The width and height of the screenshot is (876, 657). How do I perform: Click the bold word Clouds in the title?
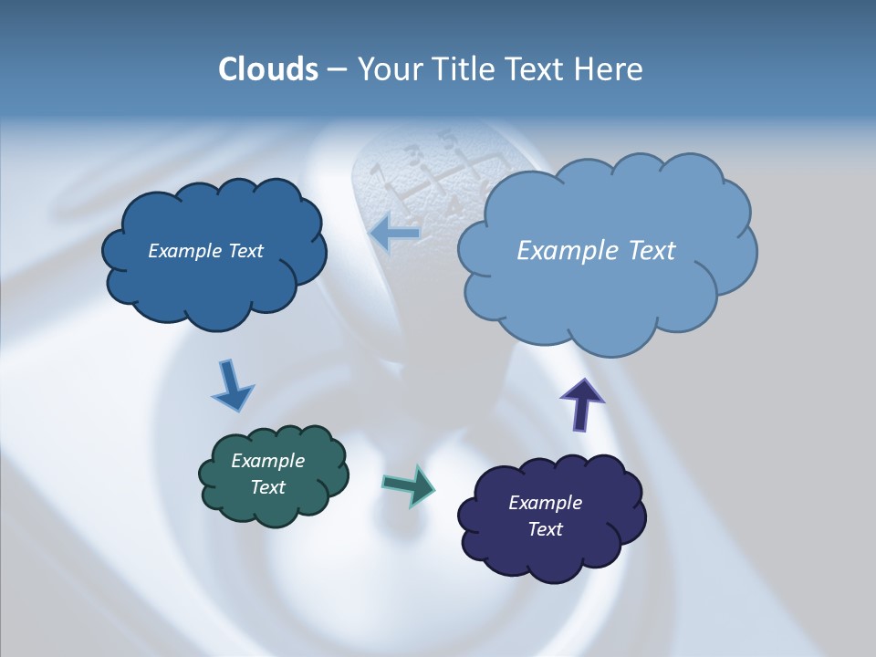[x=267, y=69]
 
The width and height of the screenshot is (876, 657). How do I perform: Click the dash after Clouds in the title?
[x=337, y=70]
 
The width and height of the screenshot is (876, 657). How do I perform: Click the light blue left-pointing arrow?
[x=394, y=233]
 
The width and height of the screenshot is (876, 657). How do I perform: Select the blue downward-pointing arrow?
[x=232, y=385]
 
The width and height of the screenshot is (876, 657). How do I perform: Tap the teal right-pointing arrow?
[x=408, y=485]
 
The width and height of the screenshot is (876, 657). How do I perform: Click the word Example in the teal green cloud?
[x=267, y=461]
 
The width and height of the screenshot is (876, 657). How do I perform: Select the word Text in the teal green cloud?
[x=267, y=487]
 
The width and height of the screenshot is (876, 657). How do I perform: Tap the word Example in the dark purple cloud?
[x=545, y=503]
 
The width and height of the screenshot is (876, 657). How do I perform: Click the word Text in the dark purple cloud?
[x=545, y=529]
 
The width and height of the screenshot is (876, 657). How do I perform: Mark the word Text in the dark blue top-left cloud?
[x=245, y=251]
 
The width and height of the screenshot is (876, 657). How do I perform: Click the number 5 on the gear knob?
[x=447, y=141]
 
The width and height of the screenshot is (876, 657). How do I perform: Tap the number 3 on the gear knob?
[x=413, y=153]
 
